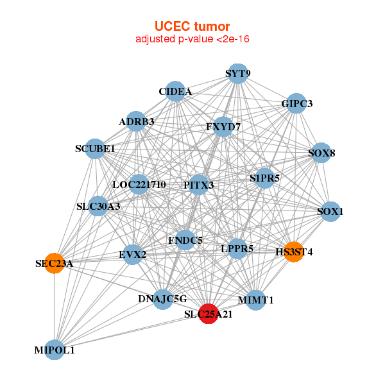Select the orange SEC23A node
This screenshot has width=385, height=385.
tap(55, 263)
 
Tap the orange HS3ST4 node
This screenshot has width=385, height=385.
tap(293, 251)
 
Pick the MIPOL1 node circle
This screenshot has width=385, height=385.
tap(55, 350)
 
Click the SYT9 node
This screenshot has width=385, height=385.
tap(238, 73)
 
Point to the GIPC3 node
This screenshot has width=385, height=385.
tap(296, 103)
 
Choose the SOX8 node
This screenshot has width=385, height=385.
tap(321, 153)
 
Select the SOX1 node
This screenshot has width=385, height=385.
tap(329, 211)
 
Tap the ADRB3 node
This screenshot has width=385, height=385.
tap(136, 121)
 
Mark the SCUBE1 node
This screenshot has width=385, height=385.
tap(95, 149)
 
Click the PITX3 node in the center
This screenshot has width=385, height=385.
tap(199, 185)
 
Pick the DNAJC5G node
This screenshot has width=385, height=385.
tap(162, 298)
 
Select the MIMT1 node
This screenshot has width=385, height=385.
tap(255, 300)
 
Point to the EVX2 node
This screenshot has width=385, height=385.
tap(133, 254)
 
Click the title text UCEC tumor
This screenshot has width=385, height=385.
tap(192, 26)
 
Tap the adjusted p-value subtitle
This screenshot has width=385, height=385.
tap(192, 39)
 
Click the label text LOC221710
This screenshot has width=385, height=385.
tap(139, 185)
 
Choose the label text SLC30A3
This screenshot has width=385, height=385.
tap(98, 207)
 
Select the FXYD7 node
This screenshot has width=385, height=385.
tap(223, 126)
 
